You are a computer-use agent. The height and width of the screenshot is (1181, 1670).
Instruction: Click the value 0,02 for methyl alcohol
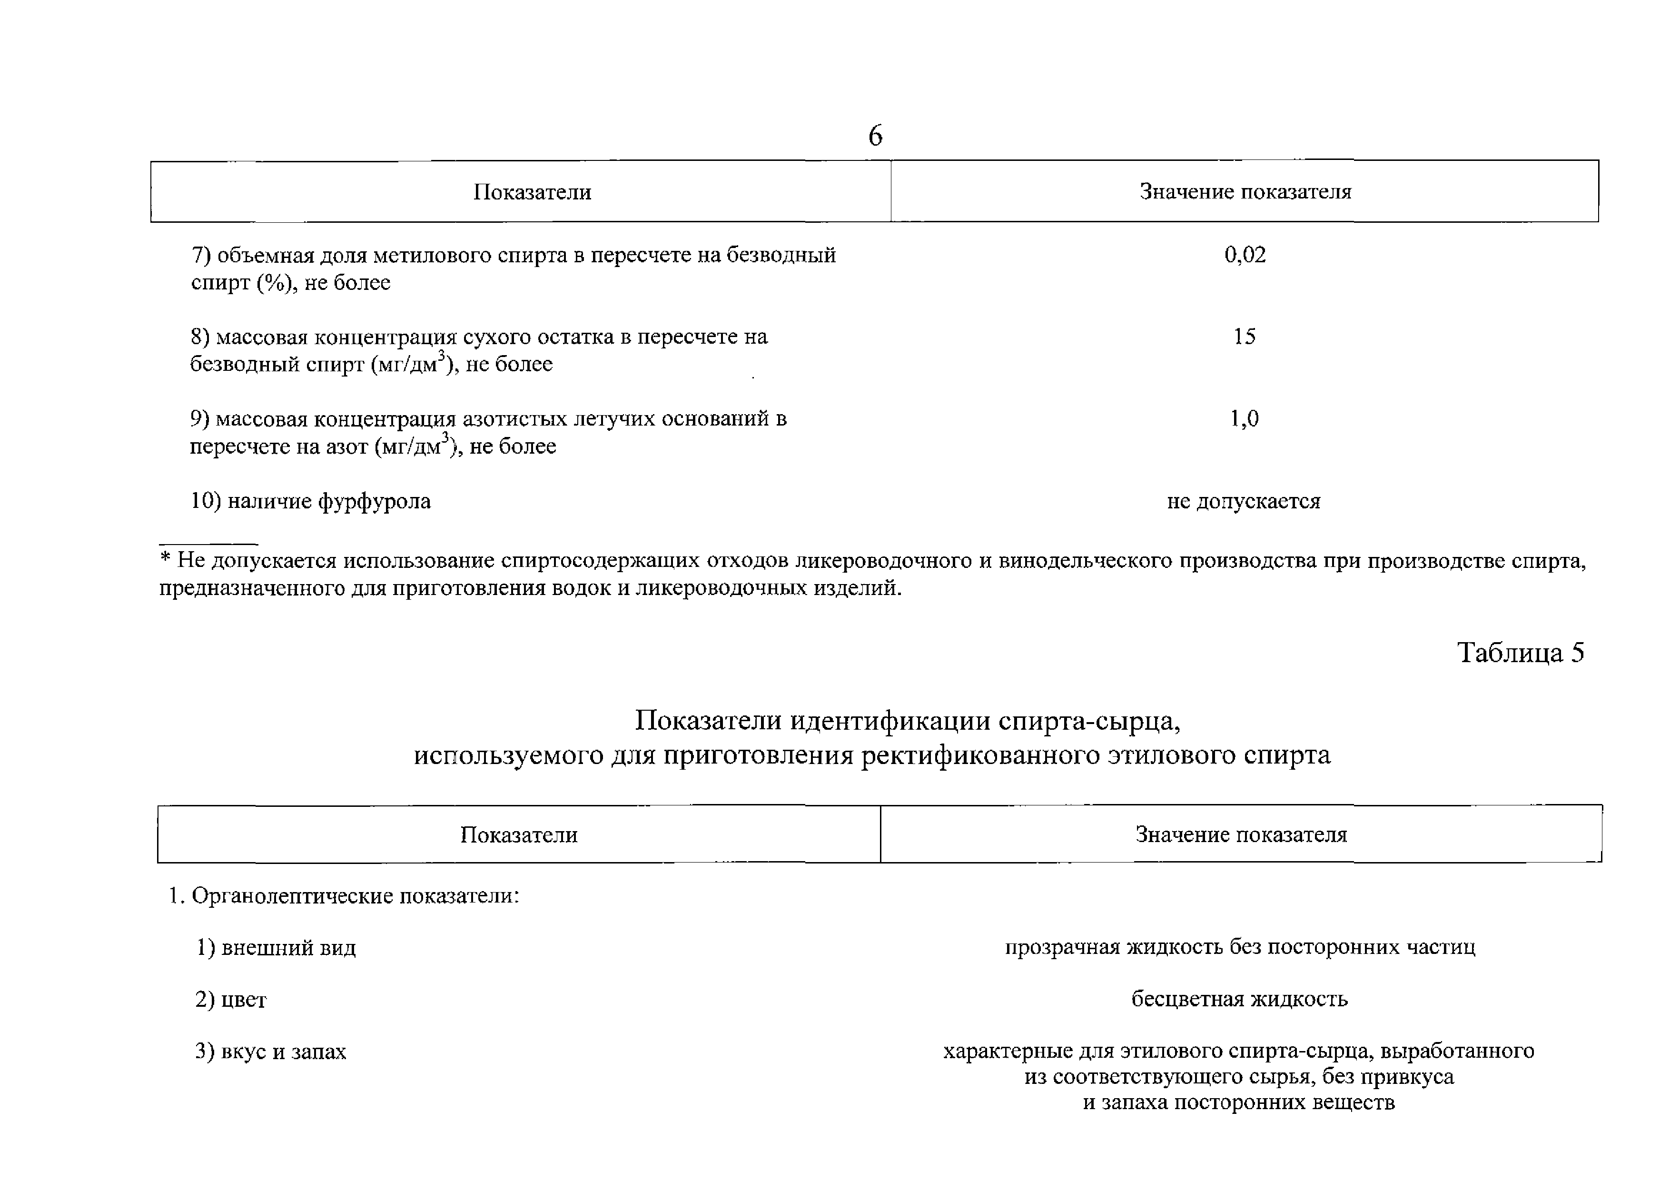click(1245, 255)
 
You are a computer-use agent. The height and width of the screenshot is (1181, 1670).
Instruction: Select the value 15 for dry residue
click(1244, 336)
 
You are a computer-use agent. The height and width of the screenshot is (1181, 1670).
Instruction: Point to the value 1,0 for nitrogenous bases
click(1244, 418)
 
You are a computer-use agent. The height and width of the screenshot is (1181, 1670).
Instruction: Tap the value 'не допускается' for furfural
click(1243, 501)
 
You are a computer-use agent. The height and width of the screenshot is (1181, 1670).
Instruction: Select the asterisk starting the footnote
click(165, 560)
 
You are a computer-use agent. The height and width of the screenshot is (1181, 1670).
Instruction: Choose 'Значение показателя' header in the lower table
click(1241, 834)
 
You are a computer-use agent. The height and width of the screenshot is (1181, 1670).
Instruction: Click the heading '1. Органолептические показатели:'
click(344, 896)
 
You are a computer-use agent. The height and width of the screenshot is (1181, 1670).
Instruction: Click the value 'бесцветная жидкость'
click(1239, 1000)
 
